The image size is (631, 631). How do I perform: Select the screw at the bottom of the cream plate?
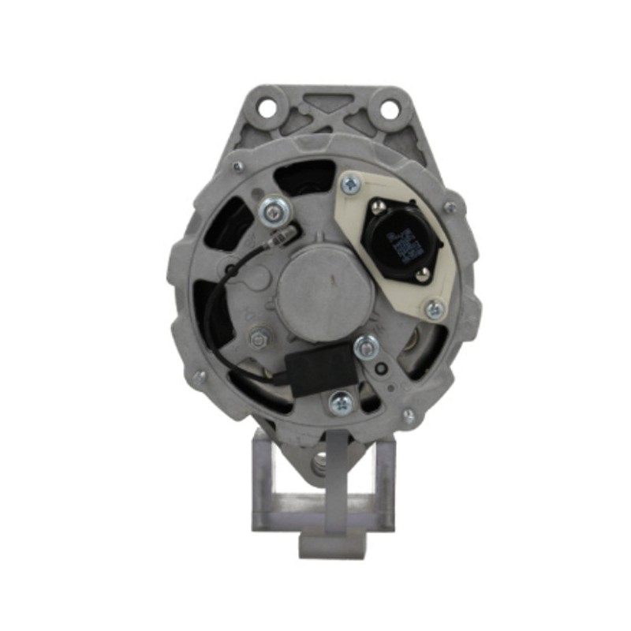[x=433, y=310]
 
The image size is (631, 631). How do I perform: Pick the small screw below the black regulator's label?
[x=424, y=275]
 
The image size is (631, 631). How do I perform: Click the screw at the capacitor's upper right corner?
[x=364, y=345]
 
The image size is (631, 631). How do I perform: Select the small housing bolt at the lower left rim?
[x=202, y=378]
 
